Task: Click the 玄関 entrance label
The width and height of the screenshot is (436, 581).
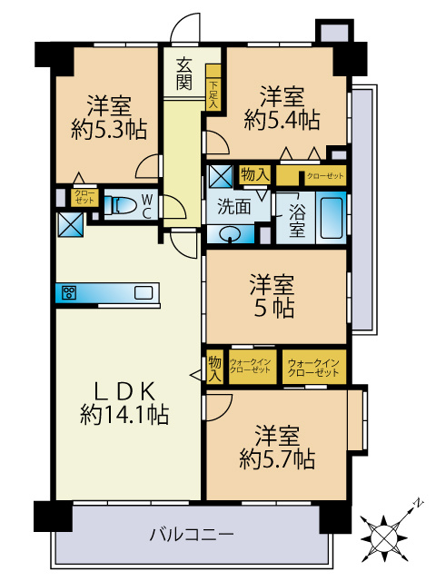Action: click(x=183, y=74)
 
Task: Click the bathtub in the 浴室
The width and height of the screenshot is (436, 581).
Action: click(x=331, y=218)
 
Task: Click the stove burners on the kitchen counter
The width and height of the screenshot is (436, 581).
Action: click(x=68, y=292)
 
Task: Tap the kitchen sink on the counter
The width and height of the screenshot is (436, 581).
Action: click(x=144, y=292)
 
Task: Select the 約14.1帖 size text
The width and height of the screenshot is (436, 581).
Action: click(x=124, y=414)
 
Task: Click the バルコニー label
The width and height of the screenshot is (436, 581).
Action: click(x=192, y=533)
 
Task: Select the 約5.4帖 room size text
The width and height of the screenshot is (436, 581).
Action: click(x=281, y=118)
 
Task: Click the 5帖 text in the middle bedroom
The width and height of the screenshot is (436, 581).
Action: click(x=273, y=309)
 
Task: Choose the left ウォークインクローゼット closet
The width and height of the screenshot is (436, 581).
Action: click(x=250, y=368)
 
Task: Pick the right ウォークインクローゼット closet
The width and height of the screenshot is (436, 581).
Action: click(x=313, y=368)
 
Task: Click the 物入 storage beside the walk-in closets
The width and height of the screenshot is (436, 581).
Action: click(x=214, y=367)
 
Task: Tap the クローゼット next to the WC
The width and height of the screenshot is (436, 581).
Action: click(x=83, y=197)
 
